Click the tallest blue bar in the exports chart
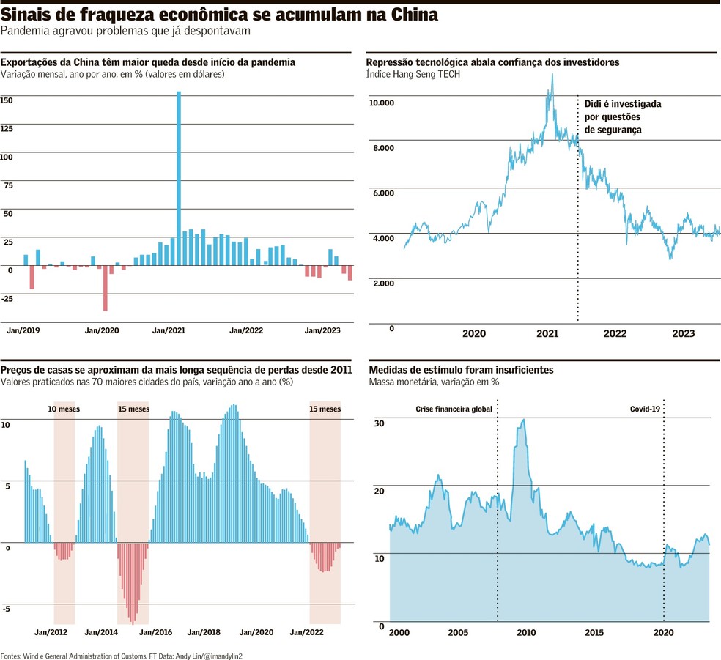[x=179, y=176]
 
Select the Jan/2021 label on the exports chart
[x=169, y=331]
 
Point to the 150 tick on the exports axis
[x=7, y=100]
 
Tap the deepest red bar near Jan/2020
[x=106, y=289]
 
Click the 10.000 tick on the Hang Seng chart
[x=382, y=103]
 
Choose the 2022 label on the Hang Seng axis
[x=615, y=334]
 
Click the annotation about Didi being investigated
[x=622, y=116]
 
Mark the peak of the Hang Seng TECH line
[x=552, y=75]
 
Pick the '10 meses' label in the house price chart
[x=64, y=409]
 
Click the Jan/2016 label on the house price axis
[x=155, y=631]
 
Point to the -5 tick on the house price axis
[x=6, y=609]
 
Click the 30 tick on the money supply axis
[x=379, y=423]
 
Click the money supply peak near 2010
[x=522, y=420]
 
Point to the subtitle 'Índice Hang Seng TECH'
[x=413, y=75]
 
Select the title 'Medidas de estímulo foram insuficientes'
[x=461, y=370]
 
